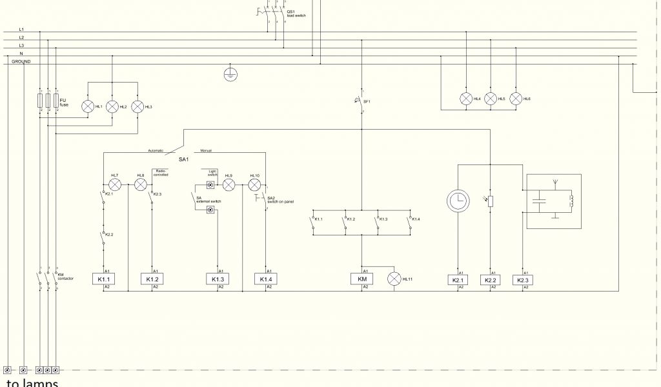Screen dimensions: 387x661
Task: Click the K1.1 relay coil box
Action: [103, 279]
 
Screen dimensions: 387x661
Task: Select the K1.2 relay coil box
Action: [152, 279]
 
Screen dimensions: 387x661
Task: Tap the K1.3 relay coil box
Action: [218, 279]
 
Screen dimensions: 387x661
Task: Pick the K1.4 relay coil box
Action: [266, 279]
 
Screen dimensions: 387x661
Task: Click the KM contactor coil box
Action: [361, 279]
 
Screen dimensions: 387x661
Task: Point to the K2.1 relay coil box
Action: [458, 280]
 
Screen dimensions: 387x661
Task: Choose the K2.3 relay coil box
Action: [523, 280]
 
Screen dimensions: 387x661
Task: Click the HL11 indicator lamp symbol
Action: [394, 279]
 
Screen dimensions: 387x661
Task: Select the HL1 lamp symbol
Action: [88, 106]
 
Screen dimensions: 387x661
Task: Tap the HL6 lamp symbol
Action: [515, 99]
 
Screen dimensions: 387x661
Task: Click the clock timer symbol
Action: [458, 201]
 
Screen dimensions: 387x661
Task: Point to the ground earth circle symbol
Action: [229, 74]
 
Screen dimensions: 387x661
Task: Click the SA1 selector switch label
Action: [183, 159]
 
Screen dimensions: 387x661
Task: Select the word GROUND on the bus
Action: [21, 61]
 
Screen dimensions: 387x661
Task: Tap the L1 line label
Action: [21, 30]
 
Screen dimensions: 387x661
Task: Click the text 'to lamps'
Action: [32, 382]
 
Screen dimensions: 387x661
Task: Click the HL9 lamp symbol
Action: [228, 184]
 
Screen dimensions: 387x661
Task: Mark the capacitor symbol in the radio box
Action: [540, 202]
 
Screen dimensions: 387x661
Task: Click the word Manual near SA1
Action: [206, 150]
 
